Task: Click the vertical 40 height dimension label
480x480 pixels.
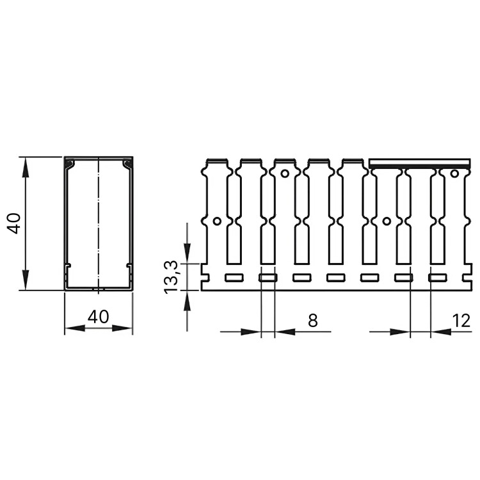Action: pos(15,223)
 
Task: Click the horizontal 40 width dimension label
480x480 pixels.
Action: pos(98,317)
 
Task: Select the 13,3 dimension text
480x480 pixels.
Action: pos(170,277)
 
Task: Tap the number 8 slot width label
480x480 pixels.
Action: pos(312,321)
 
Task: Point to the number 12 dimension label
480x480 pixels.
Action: pos(460,321)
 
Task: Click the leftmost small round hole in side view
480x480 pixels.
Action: pos(217,221)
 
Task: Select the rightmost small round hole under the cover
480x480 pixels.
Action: pos(454,173)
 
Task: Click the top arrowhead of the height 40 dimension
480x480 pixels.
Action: pos(26,168)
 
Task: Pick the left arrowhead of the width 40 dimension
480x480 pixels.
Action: pos(75,328)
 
